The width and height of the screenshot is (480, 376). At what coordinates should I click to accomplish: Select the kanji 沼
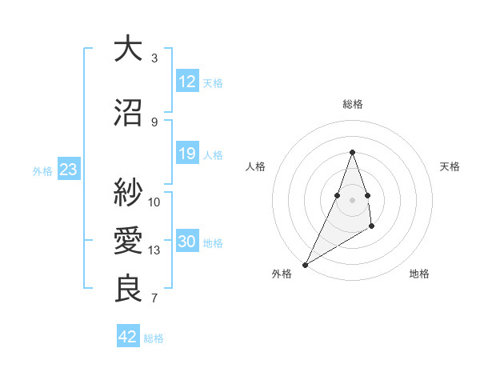[x=128, y=113]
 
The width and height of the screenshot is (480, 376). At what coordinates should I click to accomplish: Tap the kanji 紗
[x=128, y=191]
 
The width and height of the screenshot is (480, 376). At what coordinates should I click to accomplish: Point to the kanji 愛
[x=128, y=240]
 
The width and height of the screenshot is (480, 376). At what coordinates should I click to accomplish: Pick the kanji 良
[x=128, y=289]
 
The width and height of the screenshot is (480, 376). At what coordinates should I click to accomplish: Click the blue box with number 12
[x=187, y=82]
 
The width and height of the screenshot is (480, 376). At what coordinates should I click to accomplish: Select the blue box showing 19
[x=187, y=154]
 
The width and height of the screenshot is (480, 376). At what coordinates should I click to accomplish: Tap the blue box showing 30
[x=187, y=242]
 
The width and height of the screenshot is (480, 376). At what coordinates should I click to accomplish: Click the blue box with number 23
[x=68, y=170]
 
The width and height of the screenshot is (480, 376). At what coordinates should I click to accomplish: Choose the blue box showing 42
[x=128, y=337]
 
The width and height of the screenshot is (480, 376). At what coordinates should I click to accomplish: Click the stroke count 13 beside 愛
[x=154, y=250]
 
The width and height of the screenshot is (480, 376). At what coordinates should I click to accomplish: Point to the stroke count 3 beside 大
[x=154, y=58]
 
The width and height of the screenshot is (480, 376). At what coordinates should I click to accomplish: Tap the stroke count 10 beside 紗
[x=154, y=202]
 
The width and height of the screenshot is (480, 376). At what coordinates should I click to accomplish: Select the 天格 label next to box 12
[x=213, y=82]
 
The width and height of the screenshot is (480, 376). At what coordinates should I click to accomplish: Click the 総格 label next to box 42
[x=154, y=338]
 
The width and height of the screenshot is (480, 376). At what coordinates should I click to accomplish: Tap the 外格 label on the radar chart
[x=282, y=274]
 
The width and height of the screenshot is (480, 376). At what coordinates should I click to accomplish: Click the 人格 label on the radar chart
[x=256, y=166]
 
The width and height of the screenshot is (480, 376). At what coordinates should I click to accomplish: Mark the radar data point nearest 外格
[x=305, y=264]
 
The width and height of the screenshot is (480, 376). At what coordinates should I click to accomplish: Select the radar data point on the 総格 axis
[x=352, y=151]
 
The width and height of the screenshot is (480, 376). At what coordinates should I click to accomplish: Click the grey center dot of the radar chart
[x=352, y=199]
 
